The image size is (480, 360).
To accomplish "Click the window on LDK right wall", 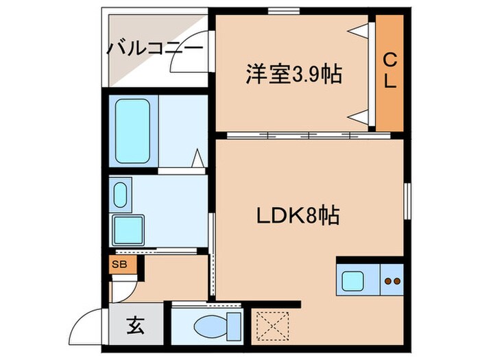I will [x=407, y=202].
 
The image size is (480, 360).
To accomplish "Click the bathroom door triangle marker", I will [x=197, y=160].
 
